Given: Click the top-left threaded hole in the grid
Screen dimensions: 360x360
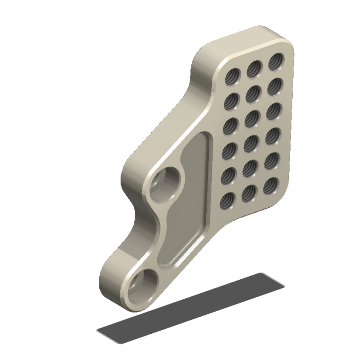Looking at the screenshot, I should click(x=233, y=77).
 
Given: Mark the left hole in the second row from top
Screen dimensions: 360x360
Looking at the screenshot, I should click(x=232, y=102).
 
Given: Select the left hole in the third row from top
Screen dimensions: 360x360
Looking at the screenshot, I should click(x=231, y=126).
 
